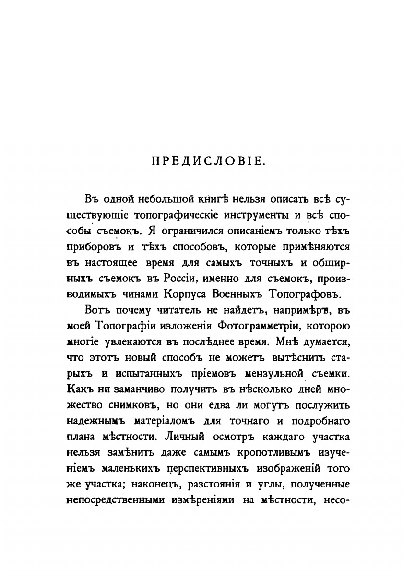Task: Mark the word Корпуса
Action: (x=203, y=293)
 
